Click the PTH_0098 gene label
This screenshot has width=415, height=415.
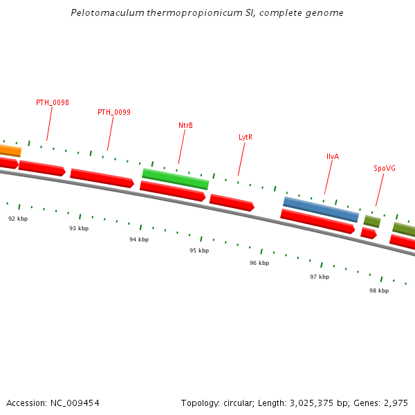click(x=53, y=102)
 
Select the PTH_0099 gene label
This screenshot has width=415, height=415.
click(x=114, y=112)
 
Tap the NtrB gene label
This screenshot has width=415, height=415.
click(x=185, y=125)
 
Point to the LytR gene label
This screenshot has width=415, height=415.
click(x=246, y=137)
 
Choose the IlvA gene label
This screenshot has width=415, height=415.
click(x=333, y=156)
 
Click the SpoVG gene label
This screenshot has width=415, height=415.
click(x=385, y=168)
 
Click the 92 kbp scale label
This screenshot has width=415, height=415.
click(x=18, y=219)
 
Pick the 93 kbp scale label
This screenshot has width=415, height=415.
click(x=79, y=228)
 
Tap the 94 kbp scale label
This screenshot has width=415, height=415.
click(x=139, y=239)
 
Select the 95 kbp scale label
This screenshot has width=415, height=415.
click(x=199, y=250)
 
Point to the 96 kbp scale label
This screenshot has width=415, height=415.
click(x=259, y=263)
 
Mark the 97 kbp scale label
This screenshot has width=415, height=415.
click(x=320, y=277)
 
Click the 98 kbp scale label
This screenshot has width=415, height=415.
click(x=379, y=290)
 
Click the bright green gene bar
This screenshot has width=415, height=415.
click(x=176, y=178)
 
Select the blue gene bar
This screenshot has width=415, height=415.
click(x=321, y=209)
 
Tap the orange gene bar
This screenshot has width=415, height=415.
click(x=10, y=150)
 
